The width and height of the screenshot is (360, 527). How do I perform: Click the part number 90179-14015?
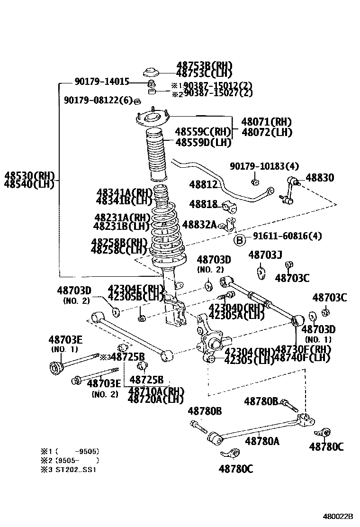101,82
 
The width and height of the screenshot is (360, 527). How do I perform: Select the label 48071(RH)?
266,122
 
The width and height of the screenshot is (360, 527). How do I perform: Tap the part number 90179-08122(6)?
99,100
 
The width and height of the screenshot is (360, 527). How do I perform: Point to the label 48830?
319,178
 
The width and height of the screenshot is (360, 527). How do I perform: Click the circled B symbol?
240,240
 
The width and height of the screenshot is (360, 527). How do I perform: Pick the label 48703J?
265,255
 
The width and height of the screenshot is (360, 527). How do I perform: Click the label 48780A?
262,441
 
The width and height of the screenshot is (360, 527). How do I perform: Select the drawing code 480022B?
338,517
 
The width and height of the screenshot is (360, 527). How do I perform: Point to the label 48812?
203,184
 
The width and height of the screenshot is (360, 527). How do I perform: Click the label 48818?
203,204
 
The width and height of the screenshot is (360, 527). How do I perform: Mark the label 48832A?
199,224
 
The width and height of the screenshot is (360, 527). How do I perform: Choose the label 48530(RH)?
30,176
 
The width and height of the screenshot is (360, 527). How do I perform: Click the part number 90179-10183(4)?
264,166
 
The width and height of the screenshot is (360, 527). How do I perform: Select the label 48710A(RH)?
155,391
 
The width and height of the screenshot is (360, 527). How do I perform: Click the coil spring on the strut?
166,232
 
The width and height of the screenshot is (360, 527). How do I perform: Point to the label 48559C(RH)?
202,132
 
